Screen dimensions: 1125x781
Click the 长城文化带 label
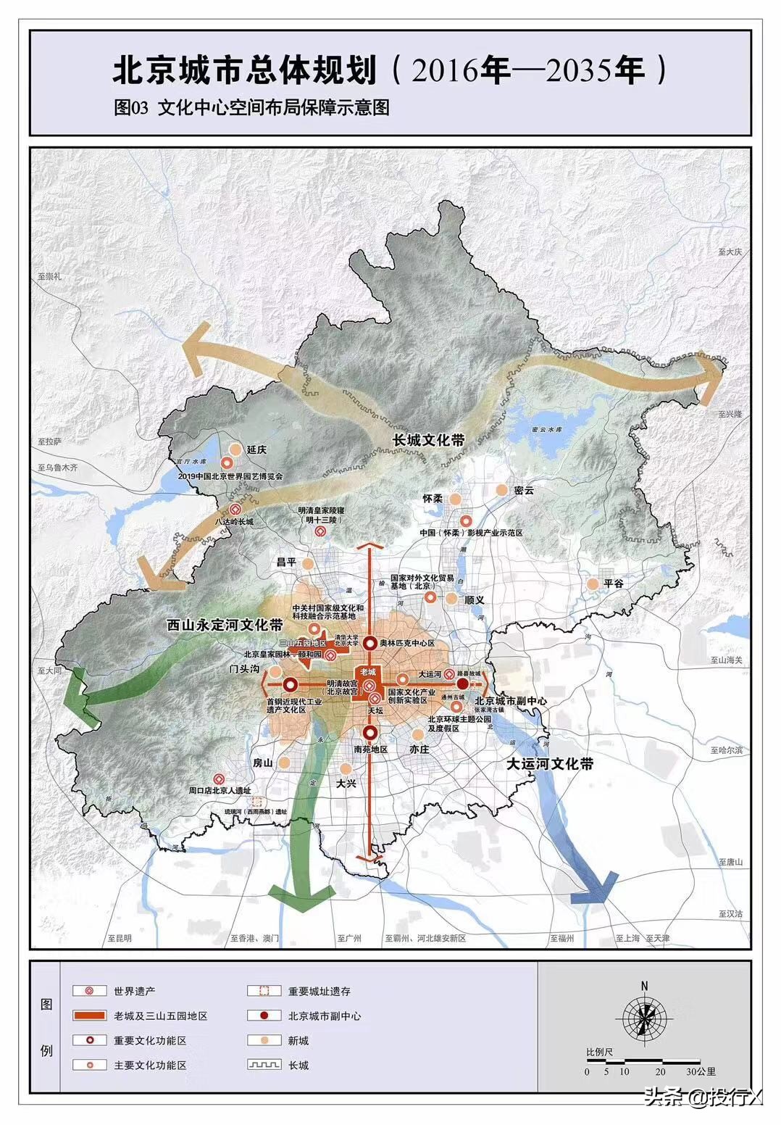click(x=429, y=440)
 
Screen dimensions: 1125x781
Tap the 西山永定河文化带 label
click(x=225, y=624)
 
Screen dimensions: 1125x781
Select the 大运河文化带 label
click(x=550, y=763)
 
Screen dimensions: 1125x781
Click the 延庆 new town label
click(x=257, y=449)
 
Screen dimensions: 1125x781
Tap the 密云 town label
click(x=523, y=490)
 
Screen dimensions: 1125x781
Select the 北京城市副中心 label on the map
click(x=511, y=702)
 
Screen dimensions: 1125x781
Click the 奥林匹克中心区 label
click(x=406, y=643)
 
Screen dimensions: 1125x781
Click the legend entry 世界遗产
click(x=134, y=991)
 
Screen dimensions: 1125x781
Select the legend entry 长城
click(x=298, y=1065)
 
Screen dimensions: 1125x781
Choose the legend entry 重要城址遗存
click(x=319, y=991)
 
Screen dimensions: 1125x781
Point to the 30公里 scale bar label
click(x=700, y=1071)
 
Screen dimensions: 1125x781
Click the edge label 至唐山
click(x=730, y=862)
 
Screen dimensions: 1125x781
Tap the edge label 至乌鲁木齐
click(x=59, y=468)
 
